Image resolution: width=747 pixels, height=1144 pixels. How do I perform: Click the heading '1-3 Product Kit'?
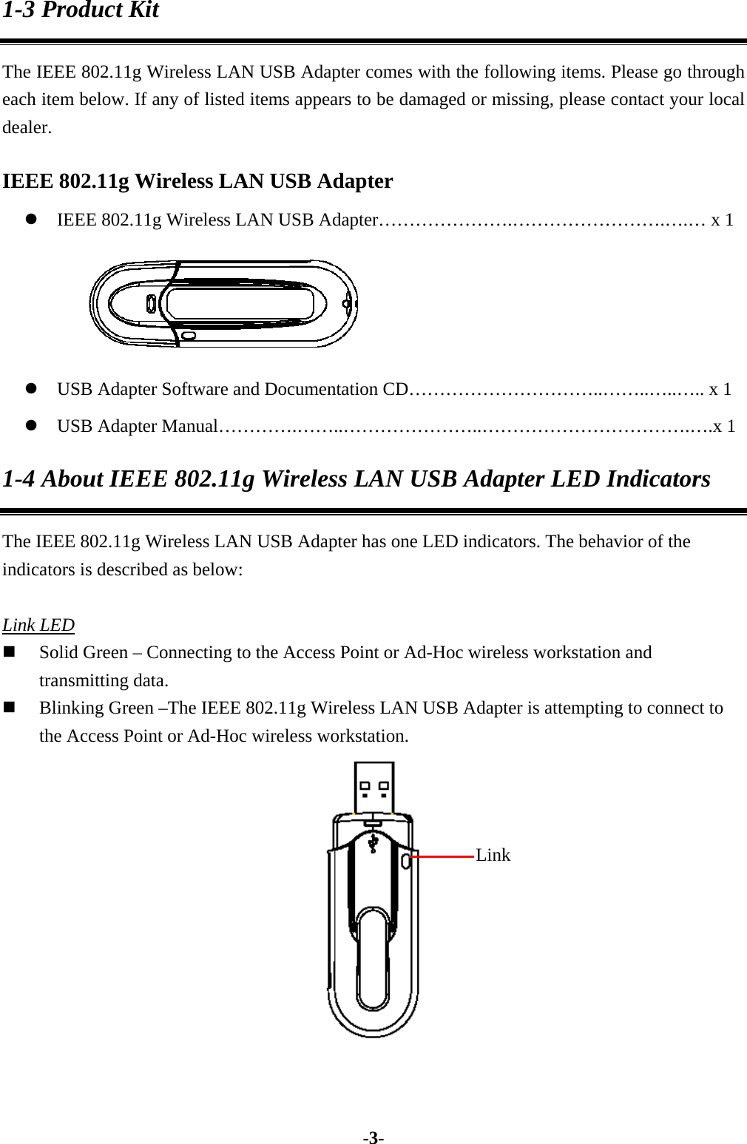(81, 10)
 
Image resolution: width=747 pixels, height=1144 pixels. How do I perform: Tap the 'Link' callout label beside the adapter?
(493, 855)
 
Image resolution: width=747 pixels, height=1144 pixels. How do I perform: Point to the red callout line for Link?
(442, 856)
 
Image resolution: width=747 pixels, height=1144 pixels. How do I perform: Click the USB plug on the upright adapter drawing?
(374, 788)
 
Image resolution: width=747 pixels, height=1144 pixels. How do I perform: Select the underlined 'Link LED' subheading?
(38, 625)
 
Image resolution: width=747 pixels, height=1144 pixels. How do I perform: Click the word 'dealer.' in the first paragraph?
(27, 127)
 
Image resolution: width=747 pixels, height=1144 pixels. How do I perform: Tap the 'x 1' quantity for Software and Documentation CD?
(720, 389)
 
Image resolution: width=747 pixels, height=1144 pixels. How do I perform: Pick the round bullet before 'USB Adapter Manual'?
(32, 427)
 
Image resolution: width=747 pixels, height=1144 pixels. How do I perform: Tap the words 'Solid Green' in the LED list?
(84, 653)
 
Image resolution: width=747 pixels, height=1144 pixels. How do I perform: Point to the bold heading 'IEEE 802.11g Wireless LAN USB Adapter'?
(197, 181)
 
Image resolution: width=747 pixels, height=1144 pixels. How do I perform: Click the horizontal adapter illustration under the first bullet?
(223, 303)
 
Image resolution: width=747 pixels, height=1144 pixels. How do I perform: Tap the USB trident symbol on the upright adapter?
(374, 842)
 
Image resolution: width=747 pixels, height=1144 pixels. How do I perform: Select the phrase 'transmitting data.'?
(104, 680)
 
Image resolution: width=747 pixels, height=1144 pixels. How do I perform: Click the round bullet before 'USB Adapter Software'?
(32, 390)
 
